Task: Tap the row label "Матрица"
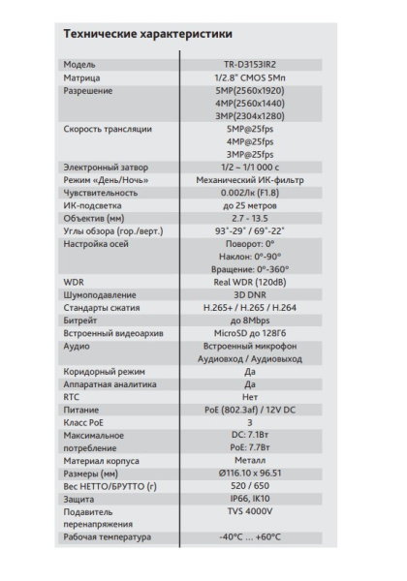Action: click(x=81, y=78)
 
